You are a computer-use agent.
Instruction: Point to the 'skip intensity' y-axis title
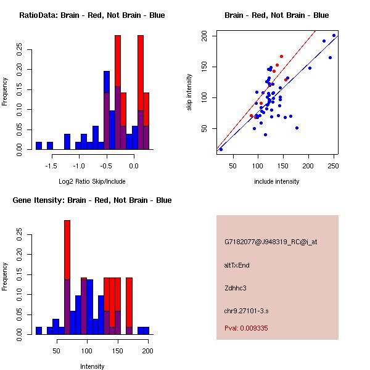tap(189, 92)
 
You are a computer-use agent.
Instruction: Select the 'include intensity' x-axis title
tap(277, 181)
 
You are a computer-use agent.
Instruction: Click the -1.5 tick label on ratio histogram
tap(51, 166)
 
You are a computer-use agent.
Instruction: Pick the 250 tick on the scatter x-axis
tap(334, 166)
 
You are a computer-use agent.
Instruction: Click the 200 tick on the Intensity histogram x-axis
tap(147, 351)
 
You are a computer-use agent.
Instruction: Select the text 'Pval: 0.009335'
tap(246, 329)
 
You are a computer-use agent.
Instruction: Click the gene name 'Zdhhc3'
tap(236, 287)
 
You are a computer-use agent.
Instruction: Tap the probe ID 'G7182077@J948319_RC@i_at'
tap(271, 243)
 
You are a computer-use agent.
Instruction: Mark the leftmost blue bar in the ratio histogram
tap(39, 146)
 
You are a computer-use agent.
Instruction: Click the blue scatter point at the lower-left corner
tap(221, 149)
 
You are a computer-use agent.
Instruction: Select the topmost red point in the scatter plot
tap(281, 56)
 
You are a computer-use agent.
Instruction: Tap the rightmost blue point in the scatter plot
tap(334, 35)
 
